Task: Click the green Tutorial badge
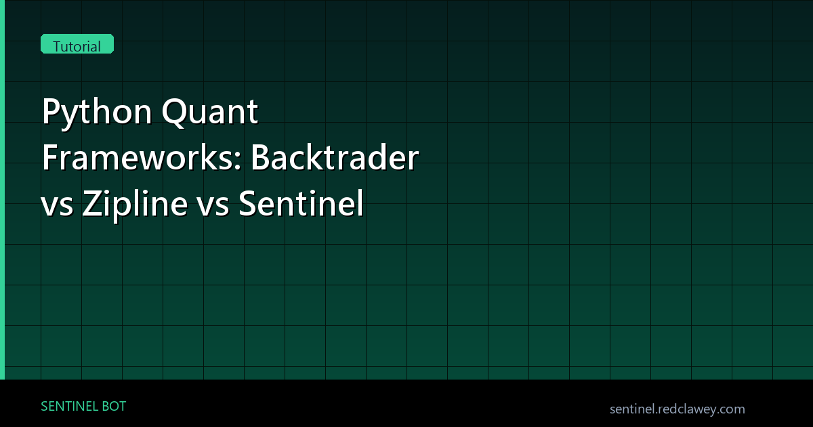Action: pyautogui.click(x=77, y=46)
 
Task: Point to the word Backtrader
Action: pyautogui.click(x=336, y=159)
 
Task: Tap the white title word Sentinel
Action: pyautogui.click(x=301, y=205)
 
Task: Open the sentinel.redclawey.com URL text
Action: pyautogui.click(x=677, y=409)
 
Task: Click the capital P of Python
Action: pyautogui.click(x=50, y=113)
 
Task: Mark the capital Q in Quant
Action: pyautogui.click(x=175, y=113)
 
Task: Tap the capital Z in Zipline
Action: pyautogui.click(x=92, y=205)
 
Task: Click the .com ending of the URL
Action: pyautogui.click(x=732, y=409)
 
